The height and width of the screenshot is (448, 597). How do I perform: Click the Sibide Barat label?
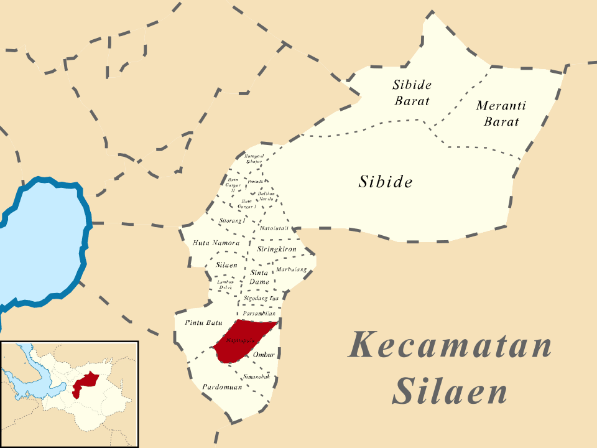pos(412,92)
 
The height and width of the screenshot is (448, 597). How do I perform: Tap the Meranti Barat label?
pos(501,113)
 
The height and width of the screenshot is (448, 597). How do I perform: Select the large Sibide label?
pos(386,182)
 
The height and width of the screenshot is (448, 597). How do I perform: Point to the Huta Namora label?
pos(216,243)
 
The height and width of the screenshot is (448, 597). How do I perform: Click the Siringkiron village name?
pos(276,249)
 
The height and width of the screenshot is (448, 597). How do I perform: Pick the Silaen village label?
pos(226,265)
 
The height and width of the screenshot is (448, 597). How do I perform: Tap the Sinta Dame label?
pos(259,277)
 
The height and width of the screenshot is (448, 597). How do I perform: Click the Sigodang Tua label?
pos(261,299)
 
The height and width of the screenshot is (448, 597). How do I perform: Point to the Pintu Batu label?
pos(203,323)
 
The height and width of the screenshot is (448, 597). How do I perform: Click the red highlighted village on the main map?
pos(243,341)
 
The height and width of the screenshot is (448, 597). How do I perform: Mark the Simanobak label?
pos(256,376)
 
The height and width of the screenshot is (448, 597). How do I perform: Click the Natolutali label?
pos(274,228)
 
